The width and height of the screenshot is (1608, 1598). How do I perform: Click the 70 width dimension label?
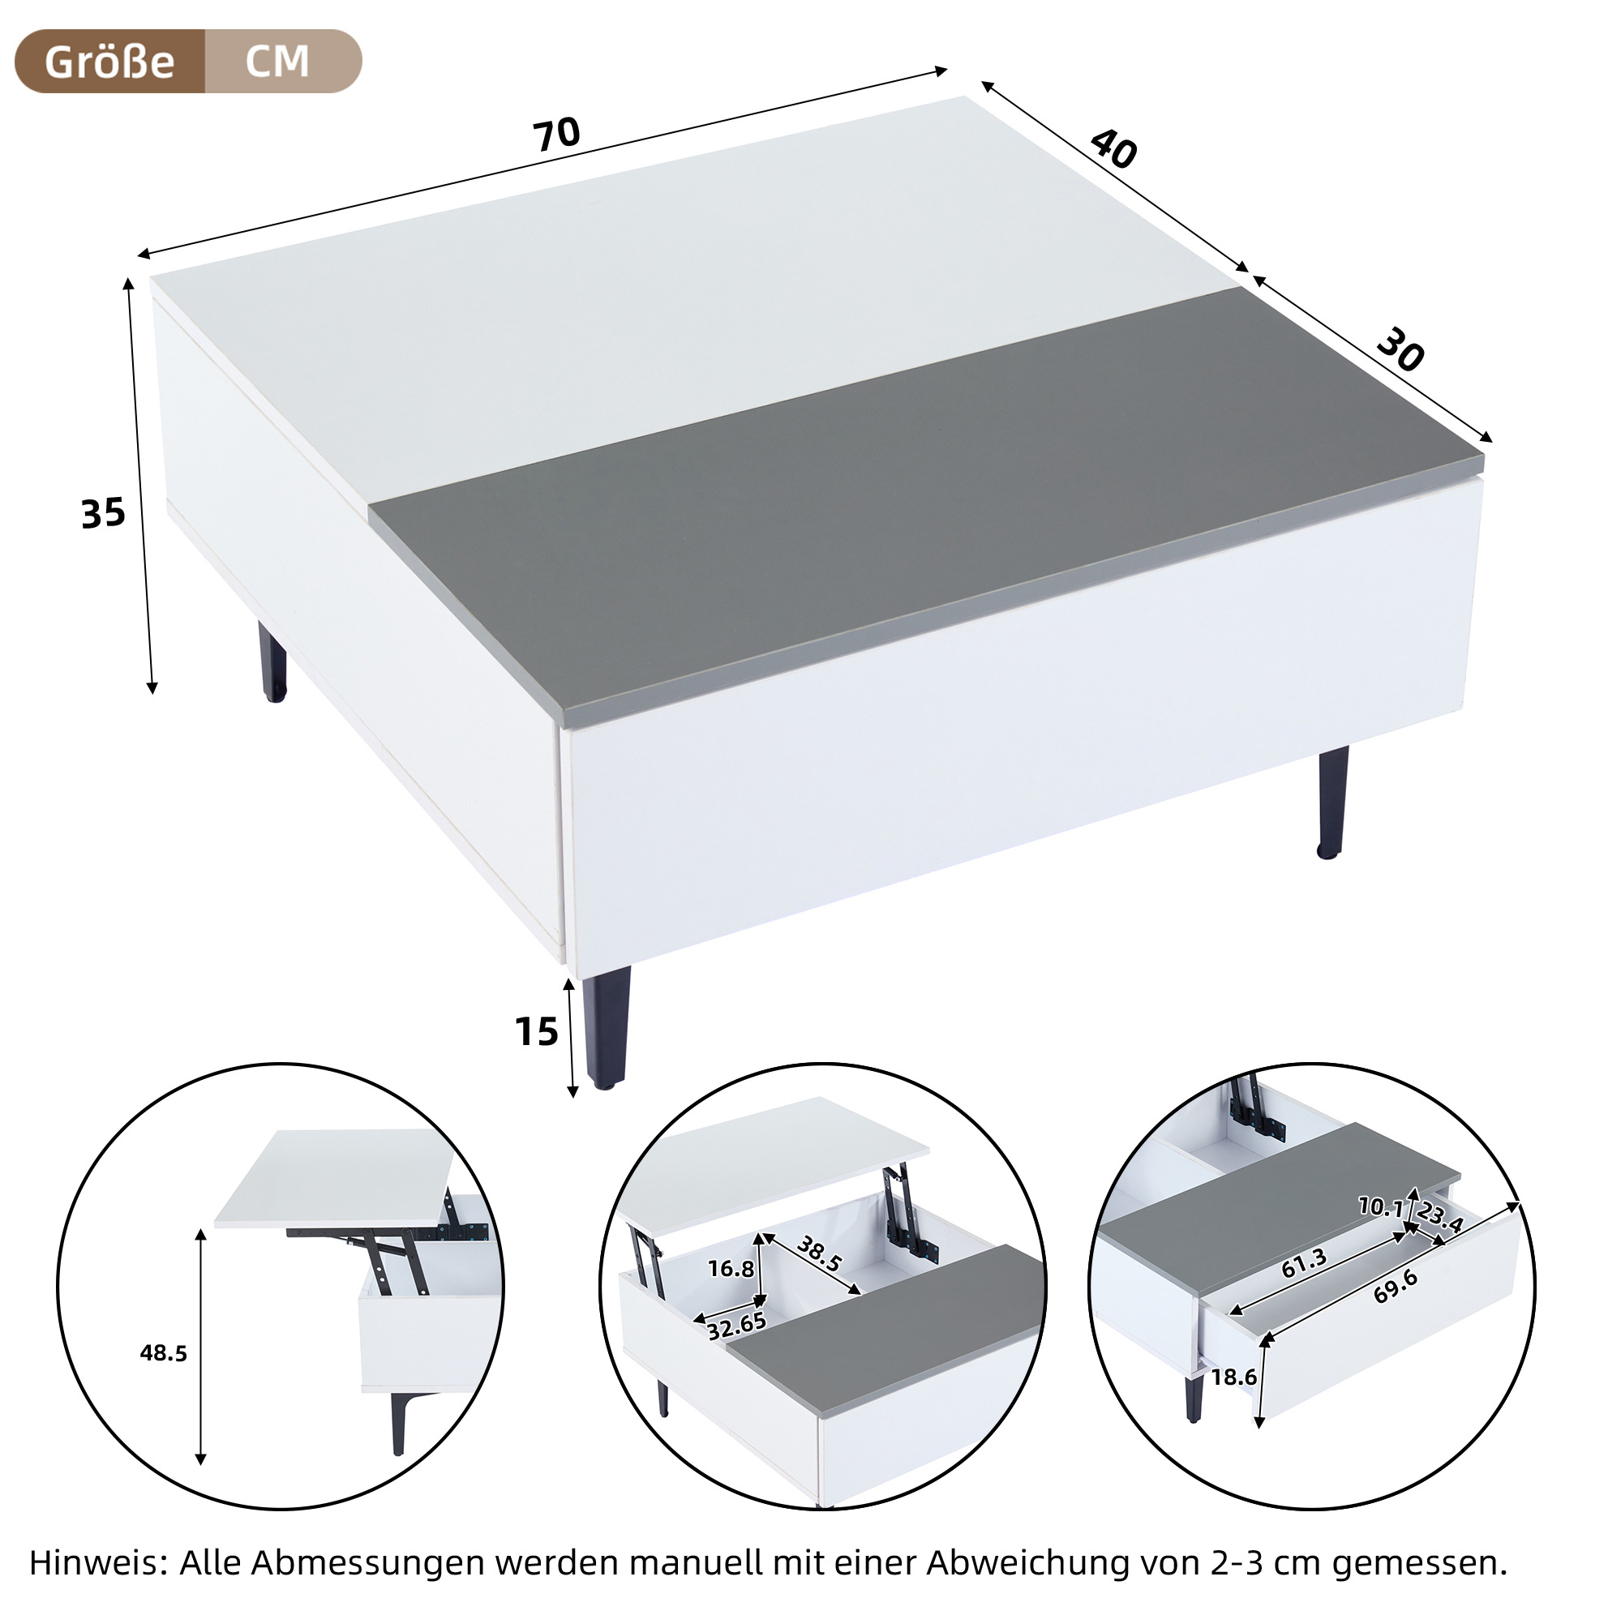click(557, 135)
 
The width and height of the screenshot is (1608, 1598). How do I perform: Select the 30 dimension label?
click(1400, 350)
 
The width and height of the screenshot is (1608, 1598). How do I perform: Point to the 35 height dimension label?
click(103, 513)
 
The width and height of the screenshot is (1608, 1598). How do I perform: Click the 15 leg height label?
click(537, 1032)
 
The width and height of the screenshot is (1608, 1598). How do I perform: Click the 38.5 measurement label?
click(820, 1254)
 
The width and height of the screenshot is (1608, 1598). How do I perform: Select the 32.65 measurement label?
click(736, 1325)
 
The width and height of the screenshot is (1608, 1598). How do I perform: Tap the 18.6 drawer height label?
click(1233, 1377)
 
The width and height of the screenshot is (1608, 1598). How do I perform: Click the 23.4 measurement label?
click(1440, 1217)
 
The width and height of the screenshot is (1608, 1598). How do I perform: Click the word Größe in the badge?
click(109, 62)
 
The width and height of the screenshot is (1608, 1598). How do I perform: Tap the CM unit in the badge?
click(277, 62)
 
